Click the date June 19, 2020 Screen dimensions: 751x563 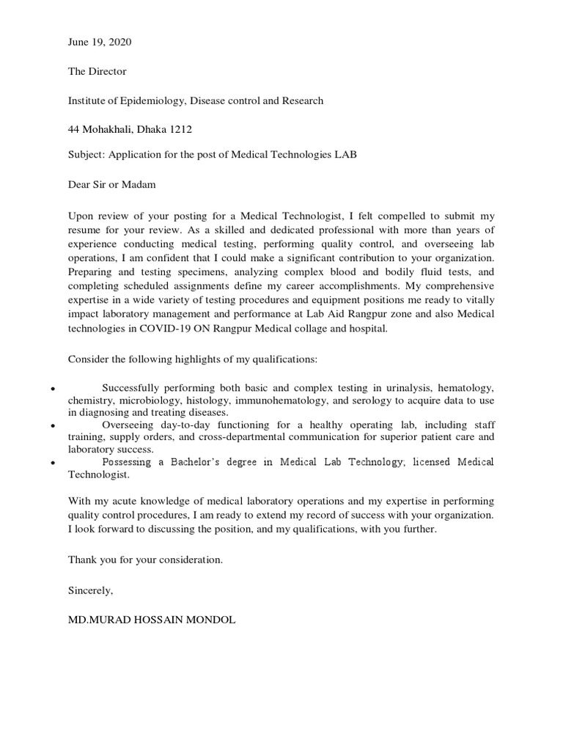tap(100, 43)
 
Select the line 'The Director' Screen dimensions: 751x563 tap(97, 72)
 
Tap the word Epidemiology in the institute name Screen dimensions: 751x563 tap(161, 101)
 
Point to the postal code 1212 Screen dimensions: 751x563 tap(180, 130)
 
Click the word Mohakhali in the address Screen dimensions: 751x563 tap(104, 130)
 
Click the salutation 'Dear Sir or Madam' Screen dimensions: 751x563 tap(111, 185)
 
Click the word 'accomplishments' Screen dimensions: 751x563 tap(328, 285)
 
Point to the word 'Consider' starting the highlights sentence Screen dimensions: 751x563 tap(87, 359)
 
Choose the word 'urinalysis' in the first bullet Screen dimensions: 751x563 tap(409, 387)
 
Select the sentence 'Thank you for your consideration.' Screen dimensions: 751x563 tap(144, 560)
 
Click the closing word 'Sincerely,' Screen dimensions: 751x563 tap(91, 590)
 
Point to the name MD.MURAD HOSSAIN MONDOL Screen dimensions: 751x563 tap(152, 620)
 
